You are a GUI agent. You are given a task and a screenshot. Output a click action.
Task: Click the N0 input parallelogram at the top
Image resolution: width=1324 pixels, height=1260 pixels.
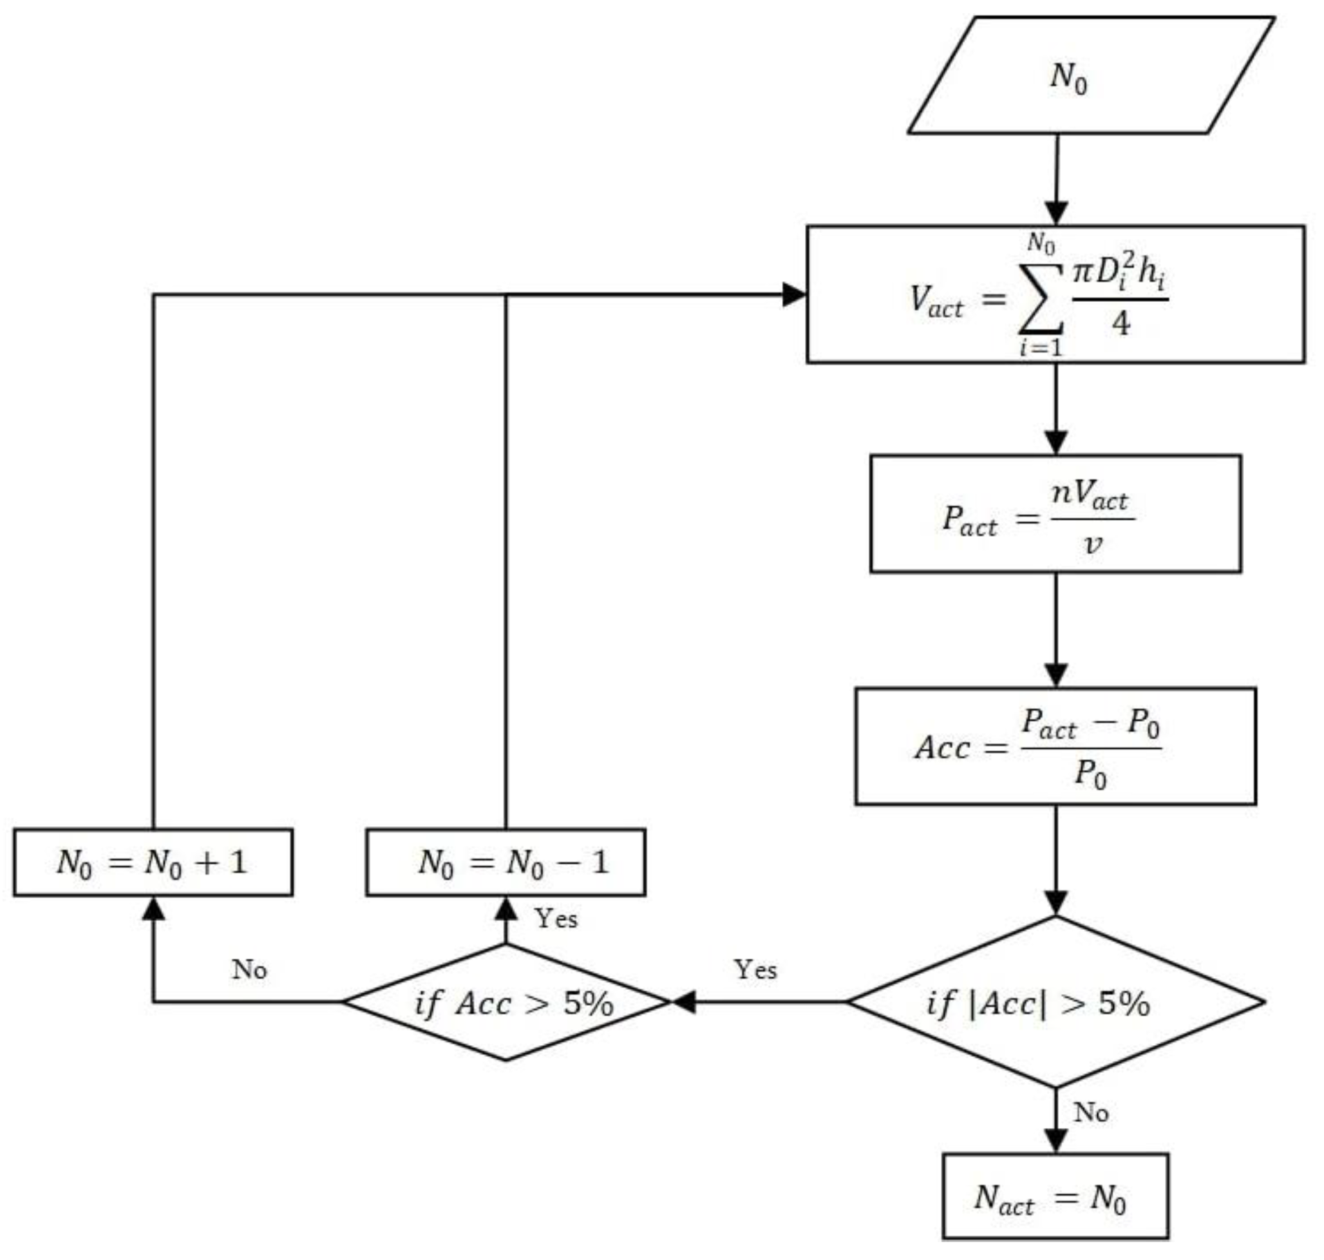point(1090,75)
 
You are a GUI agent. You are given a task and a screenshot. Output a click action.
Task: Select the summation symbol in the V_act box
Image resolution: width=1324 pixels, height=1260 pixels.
point(1041,298)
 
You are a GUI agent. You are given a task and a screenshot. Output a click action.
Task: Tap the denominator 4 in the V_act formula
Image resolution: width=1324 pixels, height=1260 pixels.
point(1120,323)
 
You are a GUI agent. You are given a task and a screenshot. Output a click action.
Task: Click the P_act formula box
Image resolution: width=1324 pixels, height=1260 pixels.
point(1055,513)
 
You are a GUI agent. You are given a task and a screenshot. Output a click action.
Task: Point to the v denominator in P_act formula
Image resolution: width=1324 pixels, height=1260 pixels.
point(1093,544)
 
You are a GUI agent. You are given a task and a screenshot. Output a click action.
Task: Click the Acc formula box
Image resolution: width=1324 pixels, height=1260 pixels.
point(1055,745)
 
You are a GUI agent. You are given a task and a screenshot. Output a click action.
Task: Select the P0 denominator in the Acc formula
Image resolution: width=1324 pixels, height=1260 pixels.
point(1090,774)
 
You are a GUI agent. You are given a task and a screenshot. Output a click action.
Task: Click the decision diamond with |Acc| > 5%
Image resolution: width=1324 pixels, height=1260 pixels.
point(1055,1002)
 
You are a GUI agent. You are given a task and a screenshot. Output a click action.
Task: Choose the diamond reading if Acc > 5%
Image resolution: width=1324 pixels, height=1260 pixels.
point(506,1002)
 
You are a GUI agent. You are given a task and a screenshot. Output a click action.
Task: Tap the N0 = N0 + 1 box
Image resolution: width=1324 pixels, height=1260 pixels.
point(153,861)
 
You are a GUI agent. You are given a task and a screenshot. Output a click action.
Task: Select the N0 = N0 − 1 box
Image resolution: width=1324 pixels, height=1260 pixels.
point(505,861)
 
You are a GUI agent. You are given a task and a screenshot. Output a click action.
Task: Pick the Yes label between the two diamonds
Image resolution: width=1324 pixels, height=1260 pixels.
point(755,969)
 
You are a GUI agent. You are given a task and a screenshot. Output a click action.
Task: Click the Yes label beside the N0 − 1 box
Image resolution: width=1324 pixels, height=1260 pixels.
point(556,918)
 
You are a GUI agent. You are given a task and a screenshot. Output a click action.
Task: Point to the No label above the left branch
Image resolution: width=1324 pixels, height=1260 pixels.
point(249,969)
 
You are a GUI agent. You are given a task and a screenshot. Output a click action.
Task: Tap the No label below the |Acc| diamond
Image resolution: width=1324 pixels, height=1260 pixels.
point(1090,1112)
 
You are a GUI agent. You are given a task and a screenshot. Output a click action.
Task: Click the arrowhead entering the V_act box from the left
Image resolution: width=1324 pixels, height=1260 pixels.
point(794,294)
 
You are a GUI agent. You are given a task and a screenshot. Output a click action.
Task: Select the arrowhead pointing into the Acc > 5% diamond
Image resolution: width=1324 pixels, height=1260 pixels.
point(684,1002)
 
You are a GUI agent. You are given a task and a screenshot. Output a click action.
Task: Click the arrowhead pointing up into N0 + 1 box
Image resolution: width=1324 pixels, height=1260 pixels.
point(153,908)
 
